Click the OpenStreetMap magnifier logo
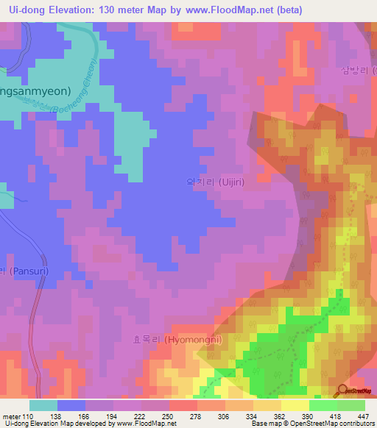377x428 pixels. [344, 390]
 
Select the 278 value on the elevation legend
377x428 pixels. [197, 416]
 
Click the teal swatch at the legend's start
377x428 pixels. [43, 405]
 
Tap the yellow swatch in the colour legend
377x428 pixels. [295, 405]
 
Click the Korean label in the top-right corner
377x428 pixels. [358, 71]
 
